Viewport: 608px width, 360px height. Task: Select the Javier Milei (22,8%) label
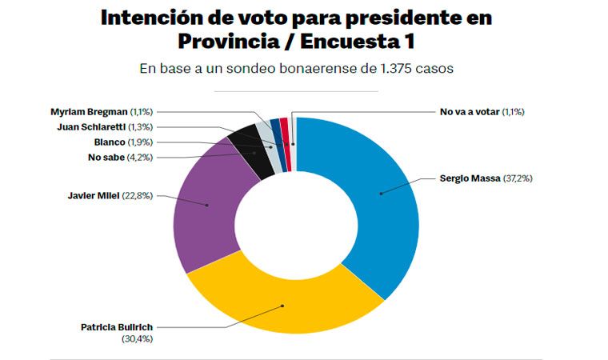coord(110,194)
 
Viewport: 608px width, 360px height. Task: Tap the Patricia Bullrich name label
coord(117,327)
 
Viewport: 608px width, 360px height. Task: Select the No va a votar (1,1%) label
coord(482,111)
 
